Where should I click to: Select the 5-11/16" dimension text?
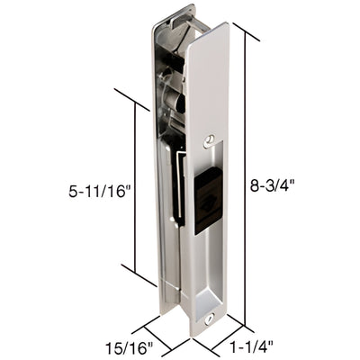pyautogui.click(x=98, y=191)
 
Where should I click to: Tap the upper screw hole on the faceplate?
pyautogui.click(x=210, y=139)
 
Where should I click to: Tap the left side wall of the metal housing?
pyautogui.click(x=157, y=180)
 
